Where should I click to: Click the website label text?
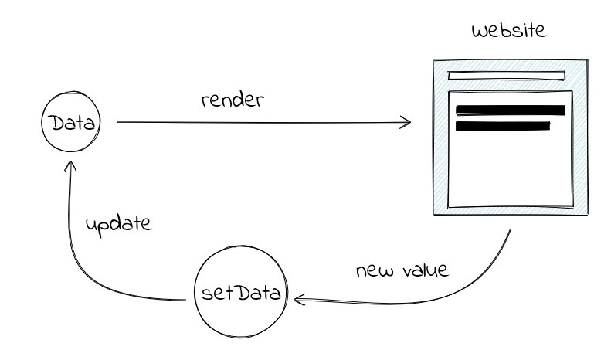508,33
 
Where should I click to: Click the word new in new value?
371,273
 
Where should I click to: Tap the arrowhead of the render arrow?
406,122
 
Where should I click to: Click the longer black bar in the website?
511,110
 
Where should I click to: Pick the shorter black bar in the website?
503,125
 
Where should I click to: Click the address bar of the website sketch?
507,76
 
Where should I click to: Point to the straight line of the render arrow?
255,122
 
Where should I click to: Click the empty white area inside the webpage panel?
510,170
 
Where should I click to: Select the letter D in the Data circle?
55,124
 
